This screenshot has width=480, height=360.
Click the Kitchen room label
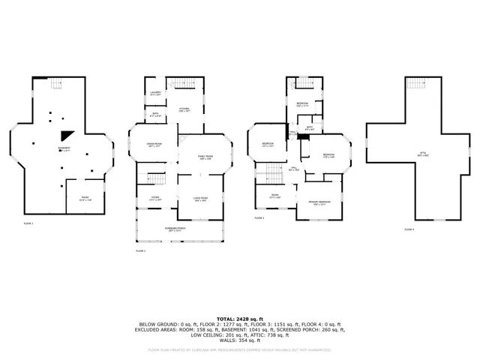point(184,109)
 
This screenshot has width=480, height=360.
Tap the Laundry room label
point(155,94)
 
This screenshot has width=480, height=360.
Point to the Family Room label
point(204,157)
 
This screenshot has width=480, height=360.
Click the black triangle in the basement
point(67,135)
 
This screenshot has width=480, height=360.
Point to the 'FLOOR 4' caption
point(408,229)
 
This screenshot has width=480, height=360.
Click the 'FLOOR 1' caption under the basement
point(28,223)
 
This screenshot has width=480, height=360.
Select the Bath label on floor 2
point(155,116)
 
